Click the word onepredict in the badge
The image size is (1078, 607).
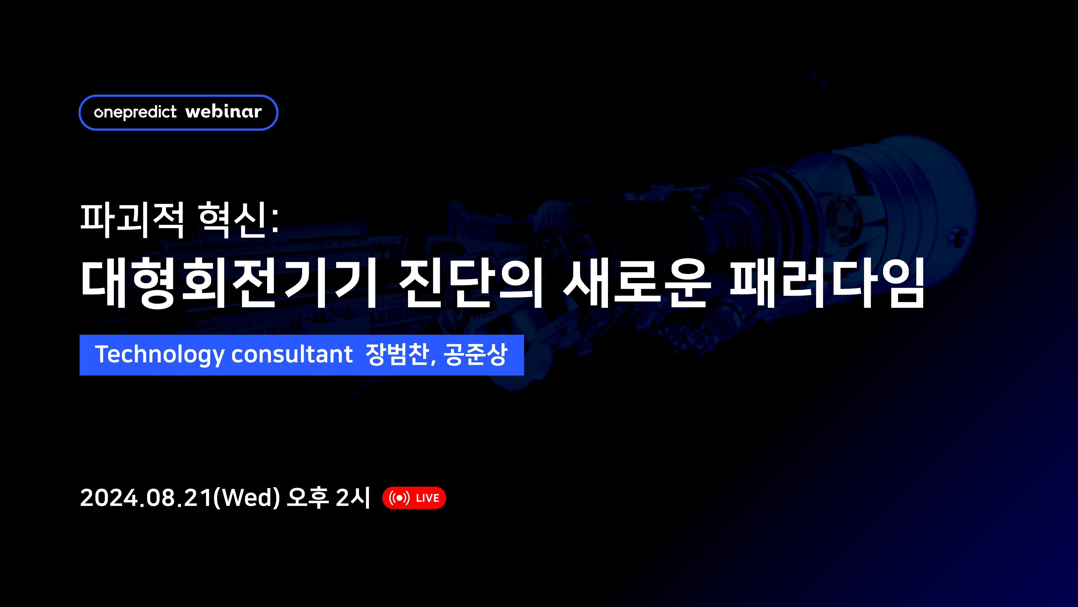click(135, 112)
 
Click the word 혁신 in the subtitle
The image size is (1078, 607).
click(233, 220)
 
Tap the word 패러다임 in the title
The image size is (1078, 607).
click(827, 283)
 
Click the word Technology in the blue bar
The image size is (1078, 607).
click(160, 355)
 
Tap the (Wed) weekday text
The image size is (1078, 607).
click(247, 498)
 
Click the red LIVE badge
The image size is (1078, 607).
click(414, 498)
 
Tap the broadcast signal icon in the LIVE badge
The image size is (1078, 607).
click(399, 498)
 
